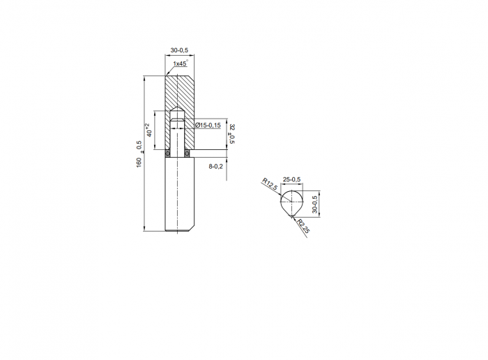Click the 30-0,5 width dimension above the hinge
[179, 50]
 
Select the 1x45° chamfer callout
[181, 63]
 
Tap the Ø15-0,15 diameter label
[208, 125]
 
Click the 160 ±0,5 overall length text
[139, 154]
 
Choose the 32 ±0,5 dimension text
[232, 134]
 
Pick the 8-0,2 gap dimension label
[215, 166]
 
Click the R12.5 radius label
[270, 183]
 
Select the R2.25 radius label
[303, 226]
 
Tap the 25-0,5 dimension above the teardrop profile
[291, 179]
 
